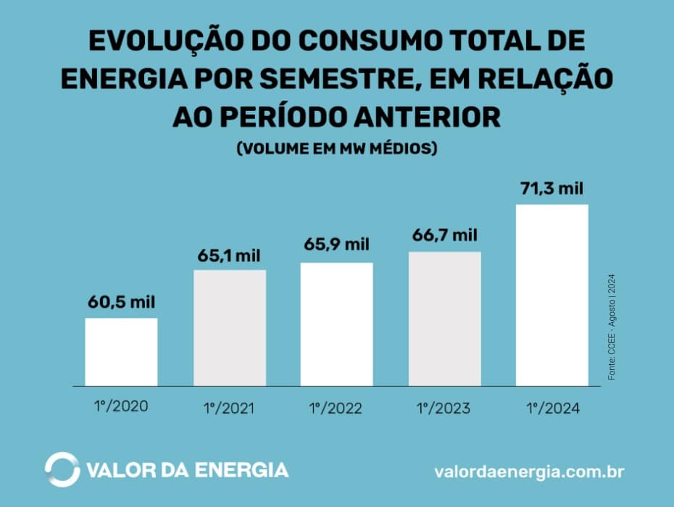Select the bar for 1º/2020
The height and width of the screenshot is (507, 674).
click(121, 351)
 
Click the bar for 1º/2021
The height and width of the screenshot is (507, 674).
click(229, 327)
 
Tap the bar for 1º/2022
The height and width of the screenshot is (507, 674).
click(337, 324)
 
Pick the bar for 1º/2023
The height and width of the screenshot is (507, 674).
click(444, 319)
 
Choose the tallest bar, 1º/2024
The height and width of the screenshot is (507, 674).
click(552, 295)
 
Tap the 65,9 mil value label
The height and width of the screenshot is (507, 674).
click(337, 244)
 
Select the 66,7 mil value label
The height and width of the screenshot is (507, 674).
click(444, 235)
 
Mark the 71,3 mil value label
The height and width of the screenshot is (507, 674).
click(552, 189)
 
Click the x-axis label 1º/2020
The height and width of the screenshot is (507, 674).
click(121, 406)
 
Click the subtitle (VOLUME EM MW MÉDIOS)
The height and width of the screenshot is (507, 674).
click(337, 148)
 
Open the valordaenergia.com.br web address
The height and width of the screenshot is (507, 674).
click(529, 472)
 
